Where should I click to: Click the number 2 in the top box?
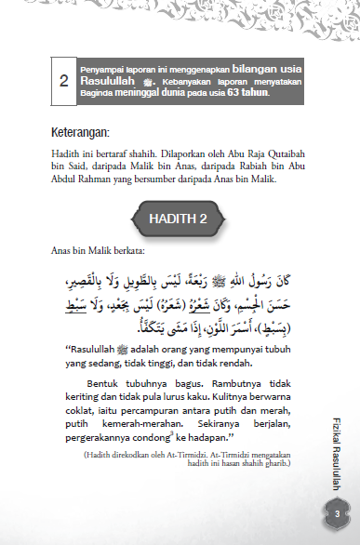point(63,82)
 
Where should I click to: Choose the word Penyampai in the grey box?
point(103,71)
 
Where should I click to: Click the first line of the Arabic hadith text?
point(183,278)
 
